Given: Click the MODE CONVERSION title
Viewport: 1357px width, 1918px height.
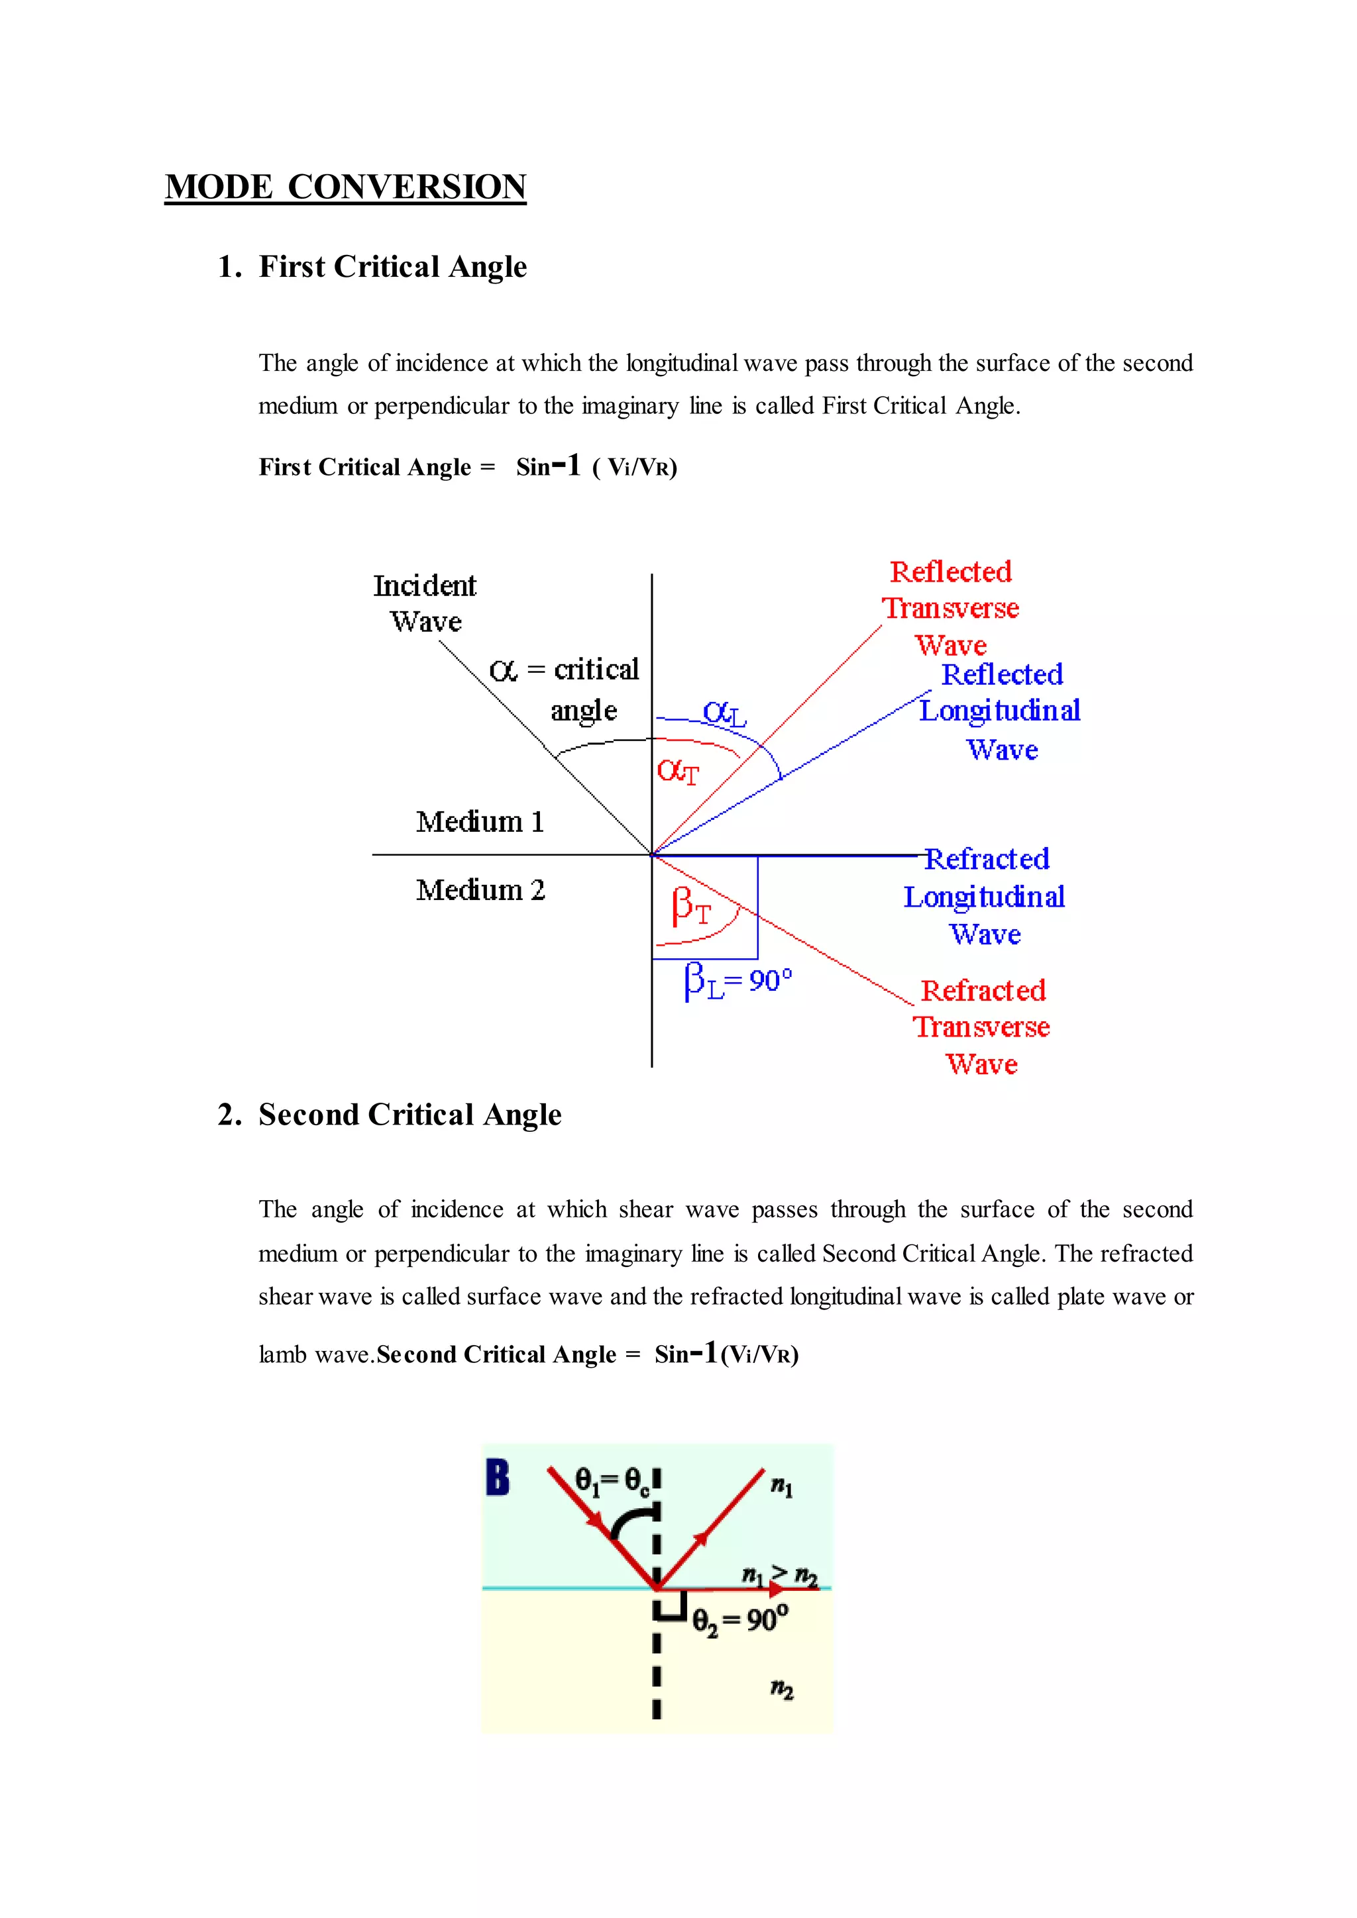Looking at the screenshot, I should click(345, 186).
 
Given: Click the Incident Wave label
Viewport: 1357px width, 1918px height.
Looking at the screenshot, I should click(425, 603).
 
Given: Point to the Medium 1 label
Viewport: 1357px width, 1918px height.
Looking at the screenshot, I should click(480, 822).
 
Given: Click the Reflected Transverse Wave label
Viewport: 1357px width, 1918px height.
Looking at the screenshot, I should click(951, 608).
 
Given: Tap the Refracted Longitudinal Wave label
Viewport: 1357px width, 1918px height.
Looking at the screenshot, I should click(985, 896).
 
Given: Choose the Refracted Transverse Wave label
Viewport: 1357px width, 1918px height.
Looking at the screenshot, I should click(982, 1027).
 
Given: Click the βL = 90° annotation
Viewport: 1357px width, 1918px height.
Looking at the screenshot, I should click(738, 981).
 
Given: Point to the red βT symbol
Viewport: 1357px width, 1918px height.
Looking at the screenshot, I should click(690, 907).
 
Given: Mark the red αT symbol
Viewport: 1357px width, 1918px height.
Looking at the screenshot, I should click(677, 771).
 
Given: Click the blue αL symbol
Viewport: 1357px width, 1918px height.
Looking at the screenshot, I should click(724, 713).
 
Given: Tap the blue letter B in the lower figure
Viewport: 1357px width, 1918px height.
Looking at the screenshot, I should click(498, 1477).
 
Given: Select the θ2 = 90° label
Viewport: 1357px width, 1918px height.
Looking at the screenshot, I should click(739, 1621).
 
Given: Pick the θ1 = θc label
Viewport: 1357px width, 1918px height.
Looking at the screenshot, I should click(612, 1481).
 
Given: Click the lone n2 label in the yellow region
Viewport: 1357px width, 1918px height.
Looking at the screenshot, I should click(781, 1689).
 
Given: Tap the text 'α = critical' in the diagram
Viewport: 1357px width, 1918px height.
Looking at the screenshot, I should click(564, 670).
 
